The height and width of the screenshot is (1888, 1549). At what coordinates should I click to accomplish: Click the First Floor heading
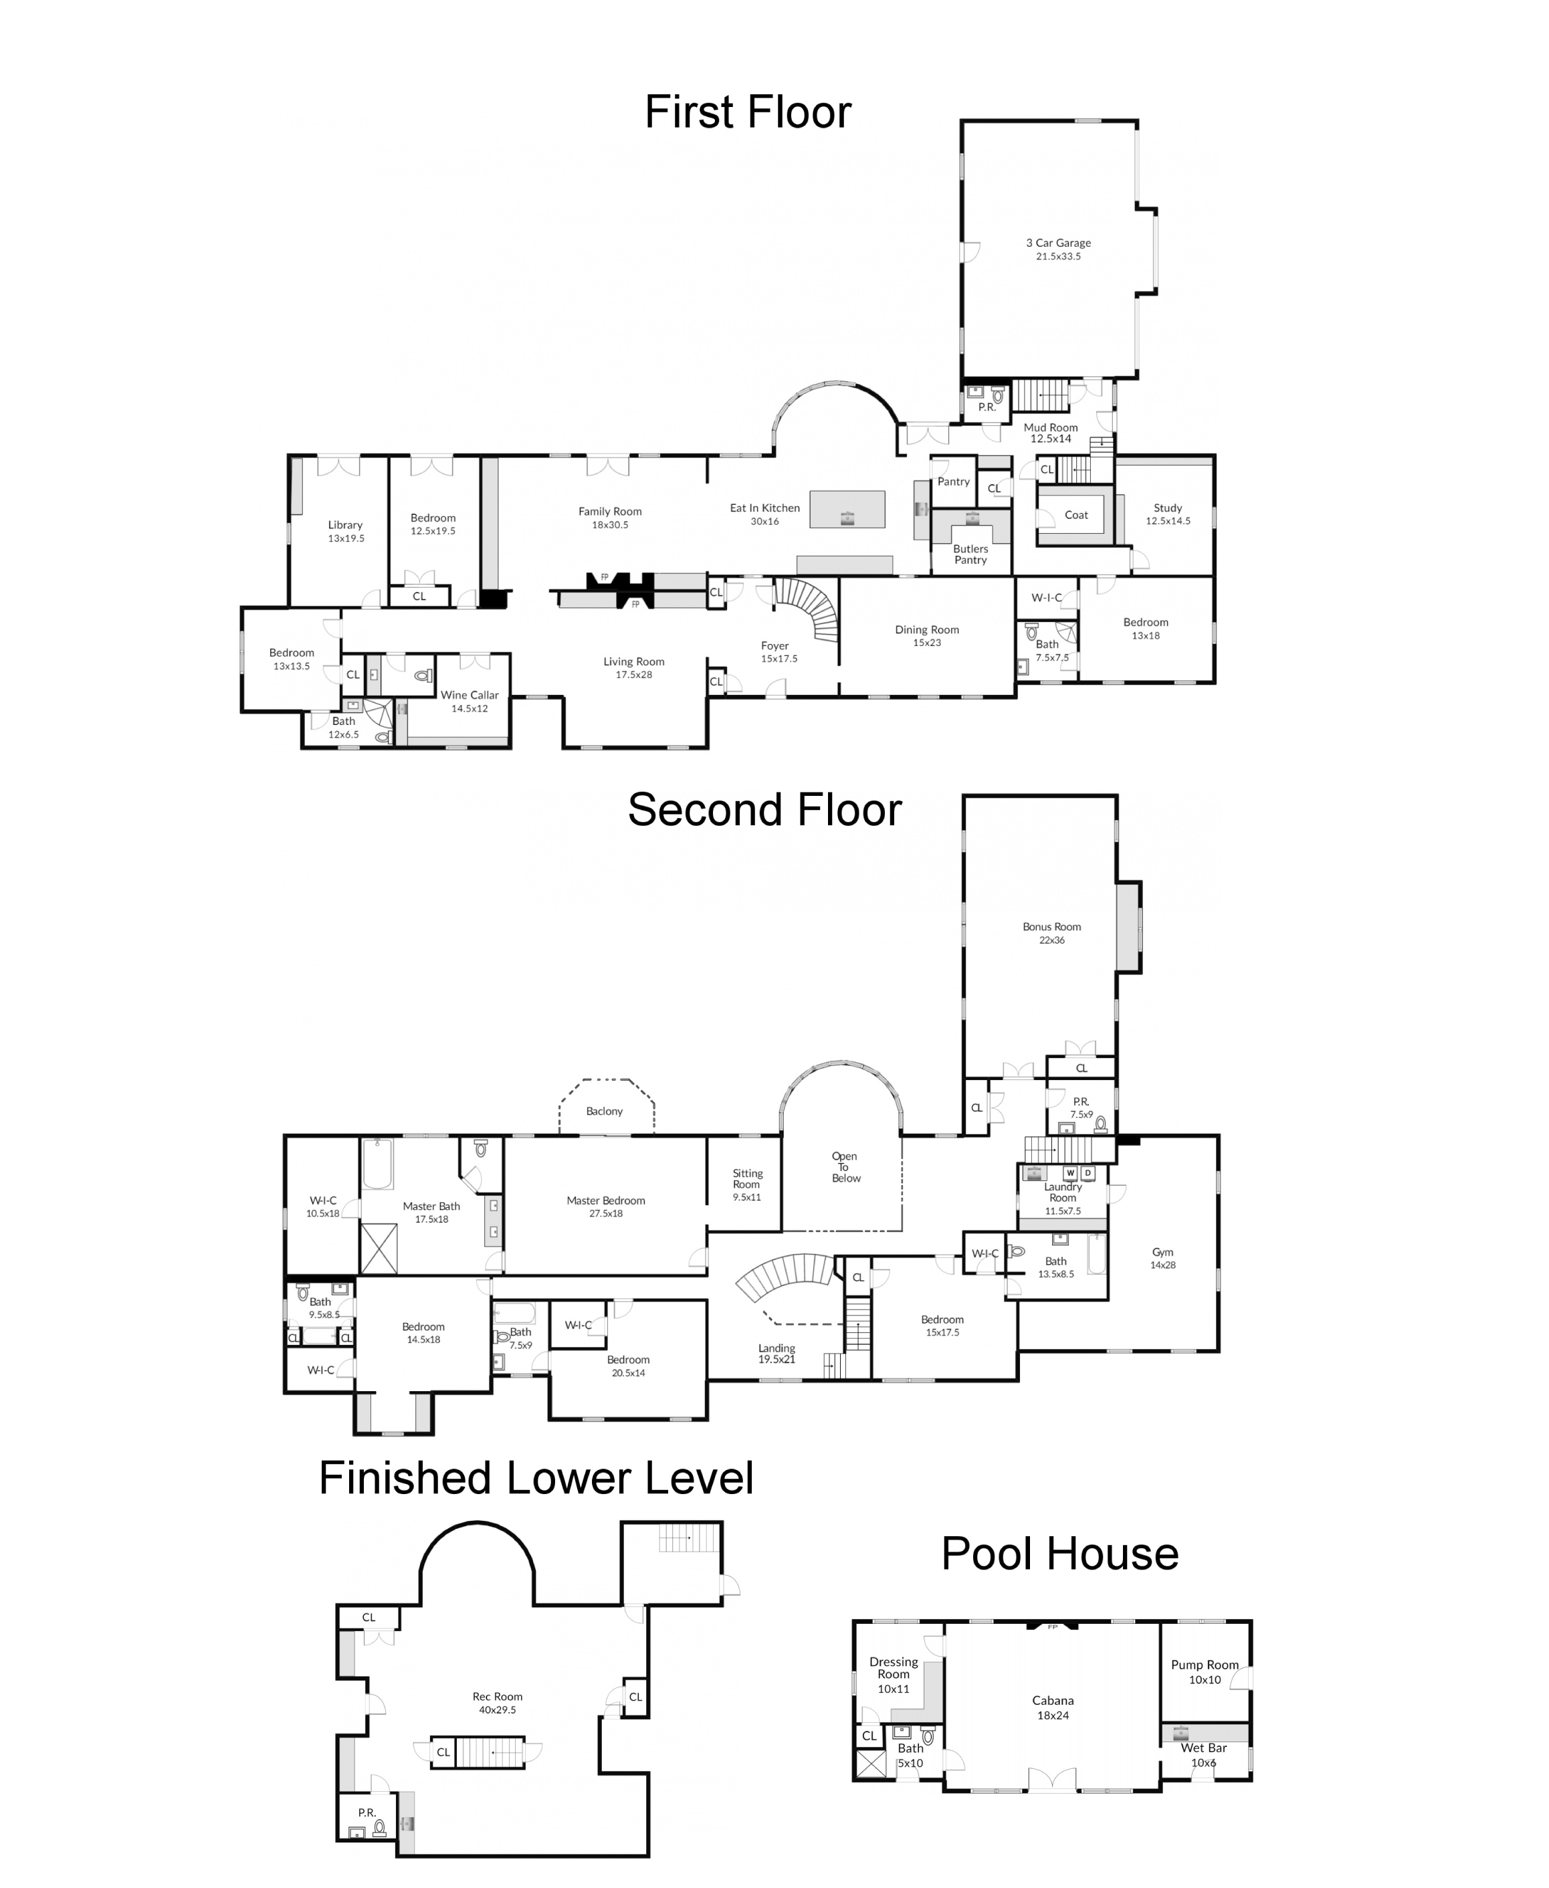point(748,112)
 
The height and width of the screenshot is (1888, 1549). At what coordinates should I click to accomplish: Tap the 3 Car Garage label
point(1058,249)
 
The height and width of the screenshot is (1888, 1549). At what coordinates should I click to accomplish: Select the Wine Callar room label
point(470,702)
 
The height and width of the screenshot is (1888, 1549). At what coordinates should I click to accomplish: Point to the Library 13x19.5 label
point(345,532)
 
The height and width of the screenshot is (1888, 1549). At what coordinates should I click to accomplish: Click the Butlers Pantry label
point(971,554)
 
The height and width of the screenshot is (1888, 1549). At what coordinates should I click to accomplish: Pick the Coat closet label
point(1076,515)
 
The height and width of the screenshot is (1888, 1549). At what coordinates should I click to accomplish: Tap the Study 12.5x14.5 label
point(1167,514)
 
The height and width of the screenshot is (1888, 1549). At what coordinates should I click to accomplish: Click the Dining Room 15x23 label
point(927,635)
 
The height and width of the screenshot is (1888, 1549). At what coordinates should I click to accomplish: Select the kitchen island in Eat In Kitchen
point(847,510)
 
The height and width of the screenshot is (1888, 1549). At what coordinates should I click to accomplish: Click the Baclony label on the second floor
point(604,1111)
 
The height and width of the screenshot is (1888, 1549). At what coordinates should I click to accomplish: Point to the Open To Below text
point(845,1167)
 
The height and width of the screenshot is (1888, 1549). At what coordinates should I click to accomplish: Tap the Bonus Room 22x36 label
point(1051,932)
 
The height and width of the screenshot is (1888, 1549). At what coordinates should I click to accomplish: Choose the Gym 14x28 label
point(1162,1258)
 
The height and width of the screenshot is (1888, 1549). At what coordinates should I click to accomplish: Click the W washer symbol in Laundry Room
point(1071,1173)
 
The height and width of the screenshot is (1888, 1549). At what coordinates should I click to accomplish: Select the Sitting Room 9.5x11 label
point(747,1185)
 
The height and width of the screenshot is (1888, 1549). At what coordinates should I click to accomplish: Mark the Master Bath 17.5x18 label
point(431,1212)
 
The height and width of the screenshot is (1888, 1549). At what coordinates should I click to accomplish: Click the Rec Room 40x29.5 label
point(497,1703)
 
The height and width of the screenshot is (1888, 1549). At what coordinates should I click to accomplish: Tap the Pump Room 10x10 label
point(1205,1671)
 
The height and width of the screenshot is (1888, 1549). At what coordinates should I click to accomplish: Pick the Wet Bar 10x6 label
point(1204,1754)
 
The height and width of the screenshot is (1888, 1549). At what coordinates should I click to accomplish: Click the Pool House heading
point(1060,1554)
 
